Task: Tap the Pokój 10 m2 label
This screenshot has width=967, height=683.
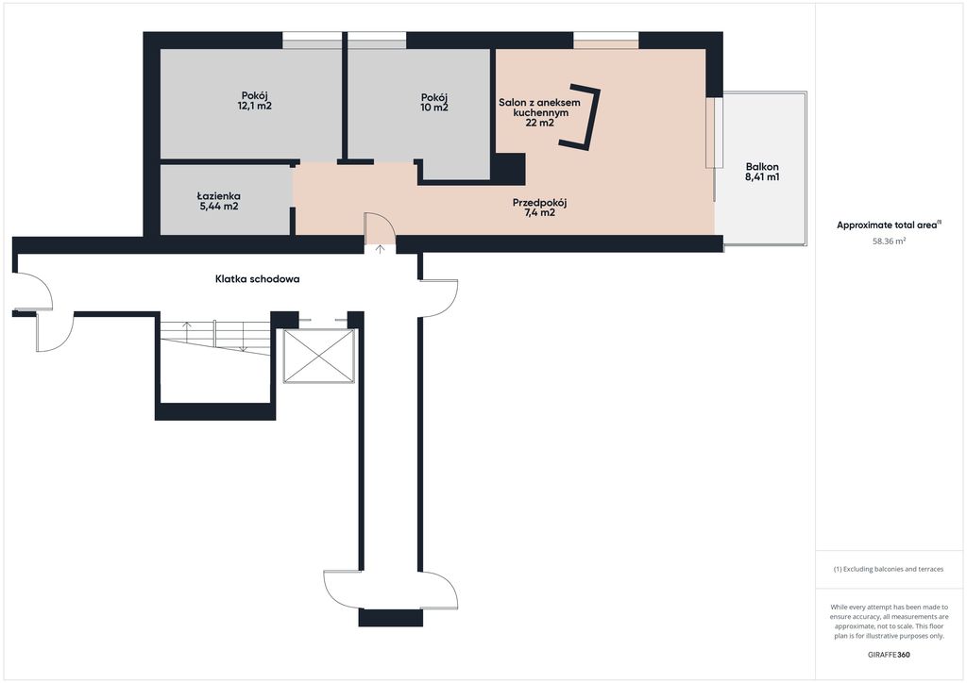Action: coord(434,102)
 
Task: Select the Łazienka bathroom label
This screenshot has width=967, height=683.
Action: coord(219,201)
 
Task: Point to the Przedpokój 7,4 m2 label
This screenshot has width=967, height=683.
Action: coord(539,208)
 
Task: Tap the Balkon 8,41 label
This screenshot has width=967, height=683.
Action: coord(762,172)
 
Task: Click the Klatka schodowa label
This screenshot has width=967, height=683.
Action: coord(257,279)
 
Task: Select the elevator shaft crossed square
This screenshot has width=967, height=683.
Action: coord(319,356)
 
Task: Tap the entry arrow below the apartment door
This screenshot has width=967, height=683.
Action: coord(381,249)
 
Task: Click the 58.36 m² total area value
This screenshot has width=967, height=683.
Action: coord(889,242)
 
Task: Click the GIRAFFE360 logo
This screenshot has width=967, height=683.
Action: coord(889,655)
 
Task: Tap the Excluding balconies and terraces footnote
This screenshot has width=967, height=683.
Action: coord(889,569)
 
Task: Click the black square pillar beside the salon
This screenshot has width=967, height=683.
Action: coord(510,169)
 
